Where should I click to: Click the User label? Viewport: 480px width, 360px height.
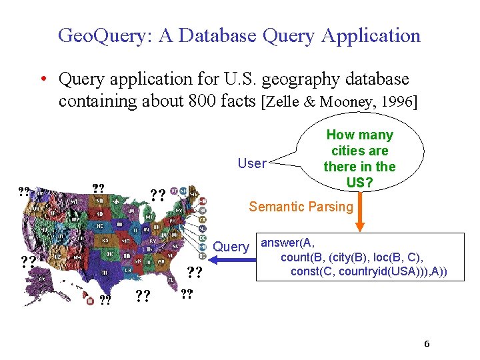coord(252,164)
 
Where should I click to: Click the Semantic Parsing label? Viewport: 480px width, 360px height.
coord(301,207)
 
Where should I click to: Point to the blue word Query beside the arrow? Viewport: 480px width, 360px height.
coord(230,247)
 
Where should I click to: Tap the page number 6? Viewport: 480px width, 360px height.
coord(427,344)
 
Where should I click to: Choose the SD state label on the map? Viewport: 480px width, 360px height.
coord(100,215)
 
